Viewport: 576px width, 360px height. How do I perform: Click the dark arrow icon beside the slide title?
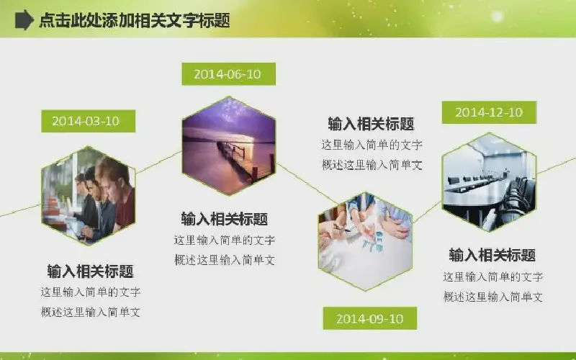24,20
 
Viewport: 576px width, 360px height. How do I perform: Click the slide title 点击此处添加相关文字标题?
135,20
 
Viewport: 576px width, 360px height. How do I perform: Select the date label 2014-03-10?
88,121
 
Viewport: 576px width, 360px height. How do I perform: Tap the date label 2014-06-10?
228,74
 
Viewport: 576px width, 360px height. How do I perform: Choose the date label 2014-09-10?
370,318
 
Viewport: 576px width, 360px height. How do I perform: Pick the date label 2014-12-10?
489,112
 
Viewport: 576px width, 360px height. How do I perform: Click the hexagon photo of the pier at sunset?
229,146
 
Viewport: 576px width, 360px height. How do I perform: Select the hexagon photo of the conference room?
490,182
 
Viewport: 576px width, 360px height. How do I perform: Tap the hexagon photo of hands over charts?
365,241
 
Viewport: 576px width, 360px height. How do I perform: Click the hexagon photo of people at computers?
89,195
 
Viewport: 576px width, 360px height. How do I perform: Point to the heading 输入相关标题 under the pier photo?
225,219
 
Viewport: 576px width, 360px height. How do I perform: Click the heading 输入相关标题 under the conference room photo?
492,255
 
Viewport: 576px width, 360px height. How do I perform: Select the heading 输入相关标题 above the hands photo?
371,124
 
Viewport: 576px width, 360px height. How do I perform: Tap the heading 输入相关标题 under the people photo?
91,271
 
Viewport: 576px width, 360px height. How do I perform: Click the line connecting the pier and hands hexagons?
307,184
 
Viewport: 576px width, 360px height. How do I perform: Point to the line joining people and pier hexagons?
158,162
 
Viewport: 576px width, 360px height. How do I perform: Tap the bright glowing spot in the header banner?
497,16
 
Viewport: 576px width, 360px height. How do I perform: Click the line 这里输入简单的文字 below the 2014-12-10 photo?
493,276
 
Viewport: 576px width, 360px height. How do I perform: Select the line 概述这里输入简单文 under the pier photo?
225,260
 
